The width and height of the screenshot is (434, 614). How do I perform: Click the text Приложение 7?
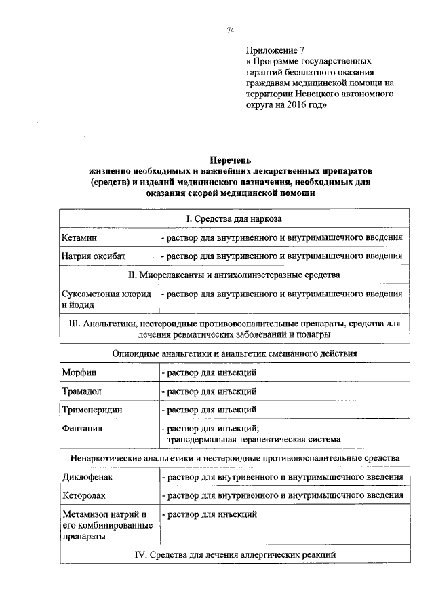coord(276,50)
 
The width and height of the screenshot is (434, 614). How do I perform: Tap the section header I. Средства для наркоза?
coord(233,219)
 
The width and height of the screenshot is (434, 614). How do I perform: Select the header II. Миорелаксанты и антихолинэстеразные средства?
coord(233,275)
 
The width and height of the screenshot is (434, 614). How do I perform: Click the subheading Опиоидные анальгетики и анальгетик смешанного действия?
coord(233,353)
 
